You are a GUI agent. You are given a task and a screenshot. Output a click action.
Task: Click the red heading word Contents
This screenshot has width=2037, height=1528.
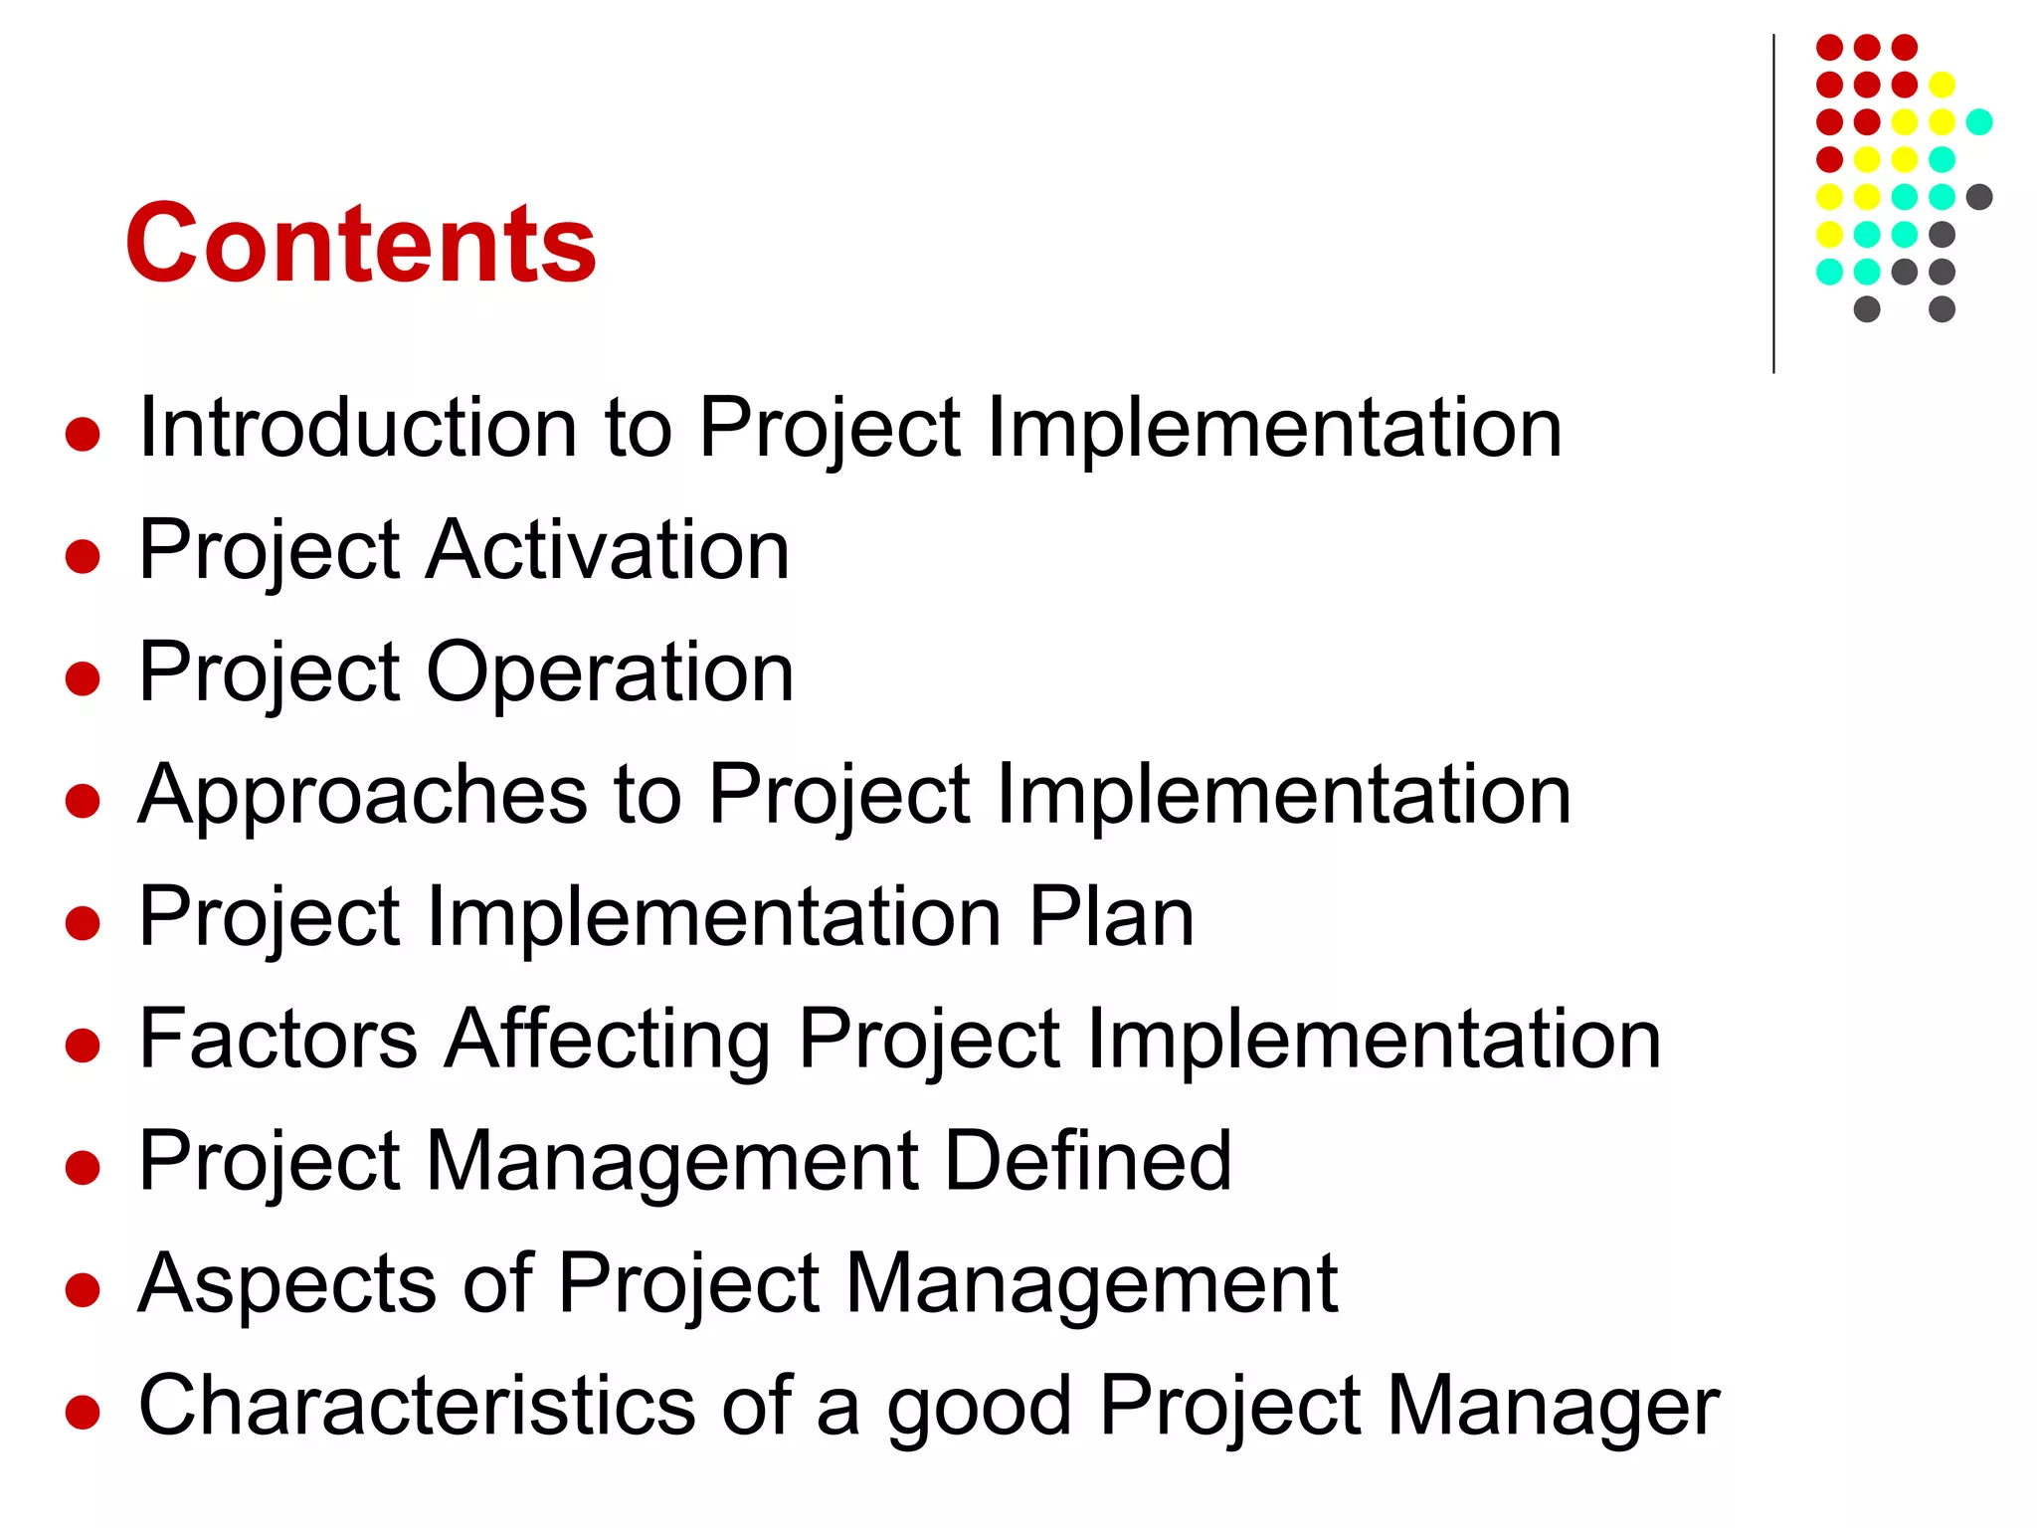point(360,244)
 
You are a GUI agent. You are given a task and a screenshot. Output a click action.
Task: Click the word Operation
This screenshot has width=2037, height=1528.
point(611,673)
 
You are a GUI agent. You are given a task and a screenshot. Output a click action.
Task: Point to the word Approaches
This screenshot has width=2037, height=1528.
point(363,795)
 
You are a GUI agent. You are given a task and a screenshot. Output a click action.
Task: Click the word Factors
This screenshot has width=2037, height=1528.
point(278,1039)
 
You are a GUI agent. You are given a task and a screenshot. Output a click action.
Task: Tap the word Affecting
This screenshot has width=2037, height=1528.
point(608,1041)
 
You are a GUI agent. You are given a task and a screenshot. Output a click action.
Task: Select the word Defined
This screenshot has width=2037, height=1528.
point(1088,1161)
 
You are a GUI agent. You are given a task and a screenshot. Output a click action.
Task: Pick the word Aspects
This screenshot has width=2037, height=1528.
point(287,1285)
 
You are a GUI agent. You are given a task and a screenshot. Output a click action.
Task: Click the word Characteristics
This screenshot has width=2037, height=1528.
point(417,1406)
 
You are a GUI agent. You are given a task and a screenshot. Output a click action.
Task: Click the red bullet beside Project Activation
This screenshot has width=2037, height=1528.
point(83,556)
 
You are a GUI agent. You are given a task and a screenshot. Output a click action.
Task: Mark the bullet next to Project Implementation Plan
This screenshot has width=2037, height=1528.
point(83,922)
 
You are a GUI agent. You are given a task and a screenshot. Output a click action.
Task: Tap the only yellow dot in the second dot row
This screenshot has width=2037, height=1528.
point(1942,85)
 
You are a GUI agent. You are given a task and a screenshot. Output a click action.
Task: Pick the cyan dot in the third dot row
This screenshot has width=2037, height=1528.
point(1979,122)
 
